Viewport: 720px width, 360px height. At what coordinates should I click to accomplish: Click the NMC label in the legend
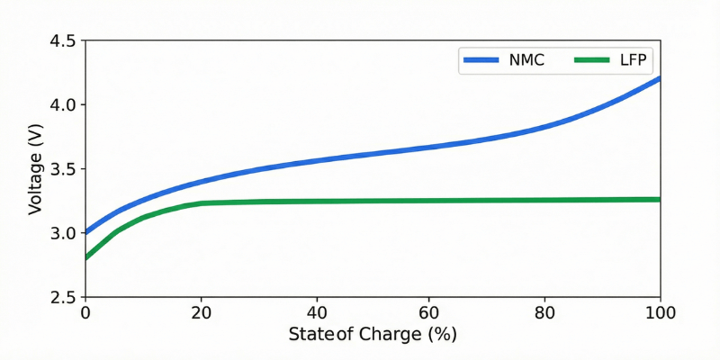[x=527, y=61]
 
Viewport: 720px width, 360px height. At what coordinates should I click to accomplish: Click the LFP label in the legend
[x=632, y=61]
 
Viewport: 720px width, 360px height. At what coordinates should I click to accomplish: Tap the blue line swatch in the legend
[x=480, y=61]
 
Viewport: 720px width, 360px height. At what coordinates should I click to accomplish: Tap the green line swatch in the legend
[x=589, y=61]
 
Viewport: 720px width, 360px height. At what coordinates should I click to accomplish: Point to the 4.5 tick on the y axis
[x=62, y=40]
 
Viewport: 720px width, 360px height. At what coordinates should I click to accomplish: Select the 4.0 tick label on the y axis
[x=62, y=104]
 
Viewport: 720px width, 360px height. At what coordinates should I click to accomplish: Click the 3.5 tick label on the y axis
[x=62, y=169]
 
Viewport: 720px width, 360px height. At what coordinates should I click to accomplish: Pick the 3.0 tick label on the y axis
[x=62, y=233]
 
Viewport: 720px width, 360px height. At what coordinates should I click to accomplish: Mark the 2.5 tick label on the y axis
[x=62, y=297]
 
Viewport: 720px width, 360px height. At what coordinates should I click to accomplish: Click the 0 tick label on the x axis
[x=85, y=313]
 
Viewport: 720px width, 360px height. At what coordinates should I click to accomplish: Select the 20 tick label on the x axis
[x=200, y=313]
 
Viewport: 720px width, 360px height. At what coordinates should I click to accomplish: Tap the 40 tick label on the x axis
[x=315, y=313]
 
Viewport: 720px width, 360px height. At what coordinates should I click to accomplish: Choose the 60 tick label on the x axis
[x=430, y=313]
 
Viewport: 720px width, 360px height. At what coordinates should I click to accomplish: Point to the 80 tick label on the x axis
[x=545, y=313]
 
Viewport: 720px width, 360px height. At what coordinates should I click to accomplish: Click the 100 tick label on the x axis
[x=660, y=313]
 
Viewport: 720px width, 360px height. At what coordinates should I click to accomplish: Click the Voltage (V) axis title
[x=35, y=169]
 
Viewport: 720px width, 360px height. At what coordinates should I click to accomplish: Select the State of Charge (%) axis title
[x=373, y=335]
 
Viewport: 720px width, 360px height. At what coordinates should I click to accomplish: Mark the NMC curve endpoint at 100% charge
[x=660, y=78]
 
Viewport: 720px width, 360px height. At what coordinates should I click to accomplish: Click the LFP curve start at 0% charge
[x=85, y=257]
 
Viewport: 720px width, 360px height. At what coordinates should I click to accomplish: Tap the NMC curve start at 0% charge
[x=85, y=232]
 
